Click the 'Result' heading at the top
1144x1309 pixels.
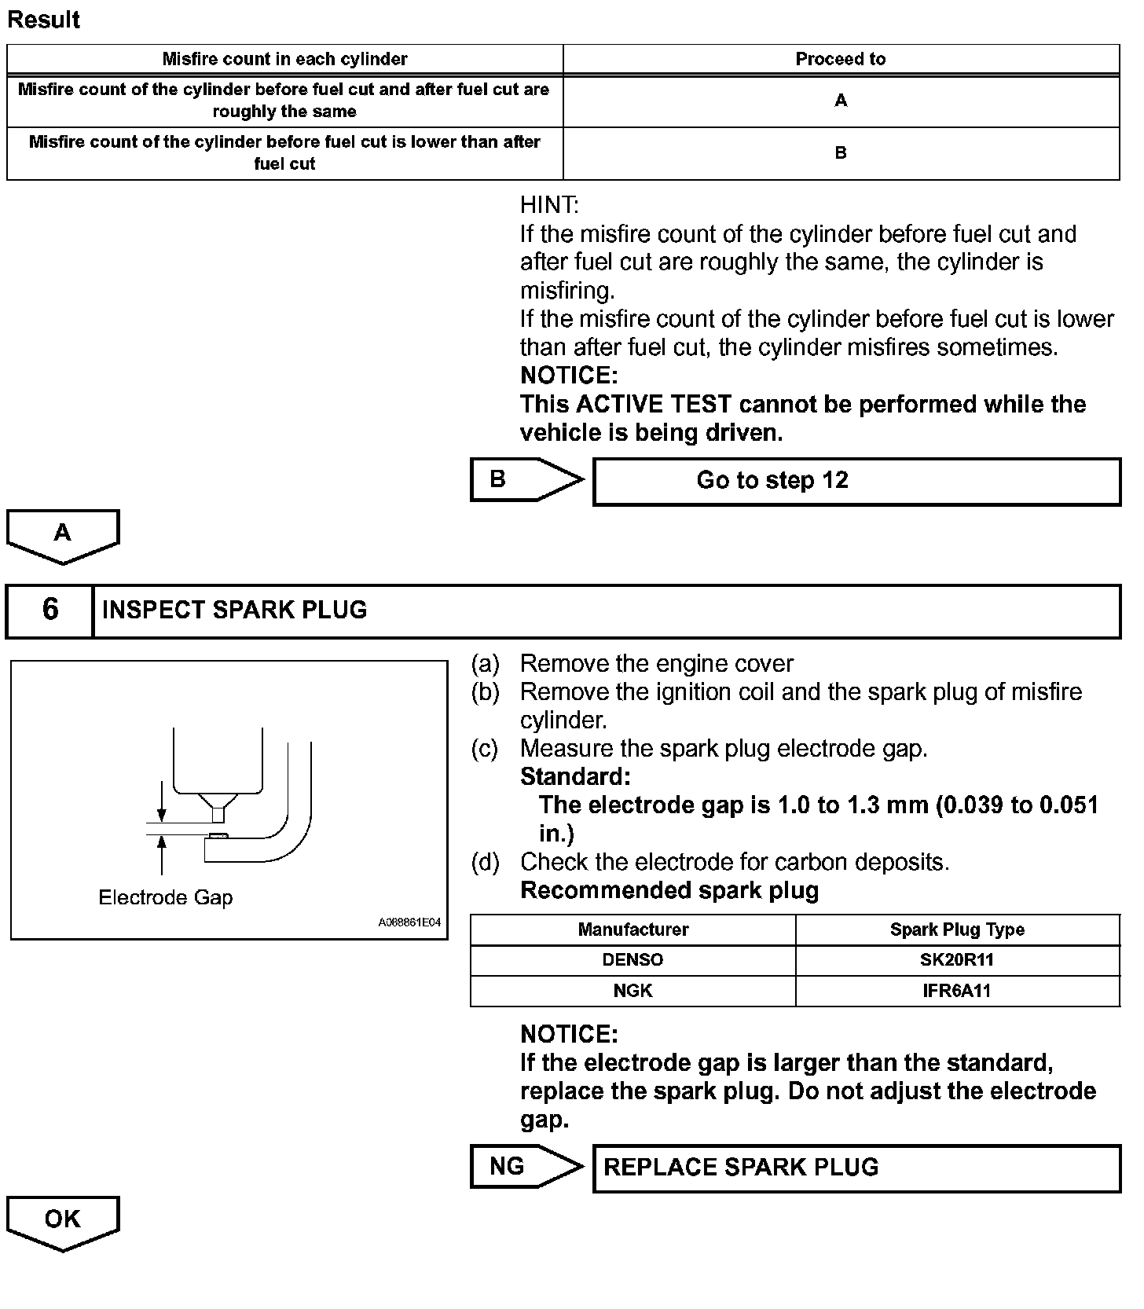(44, 20)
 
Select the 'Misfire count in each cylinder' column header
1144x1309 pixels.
(284, 59)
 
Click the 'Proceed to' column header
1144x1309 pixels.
(840, 59)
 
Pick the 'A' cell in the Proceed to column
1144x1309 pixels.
(840, 101)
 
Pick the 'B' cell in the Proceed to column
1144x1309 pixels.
(840, 153)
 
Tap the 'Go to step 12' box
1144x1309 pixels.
(856, 481)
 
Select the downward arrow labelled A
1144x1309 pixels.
(63, 535)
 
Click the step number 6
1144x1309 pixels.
(50, 610)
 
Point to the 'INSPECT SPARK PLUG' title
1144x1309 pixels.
(235, 610)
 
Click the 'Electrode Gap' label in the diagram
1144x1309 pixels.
(166, 898)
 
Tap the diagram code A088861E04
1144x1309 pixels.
(409, 922)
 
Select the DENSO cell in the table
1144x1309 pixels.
(632, 960)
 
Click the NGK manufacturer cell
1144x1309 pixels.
(632, 991)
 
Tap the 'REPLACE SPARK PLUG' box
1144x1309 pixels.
(856, 1168)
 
